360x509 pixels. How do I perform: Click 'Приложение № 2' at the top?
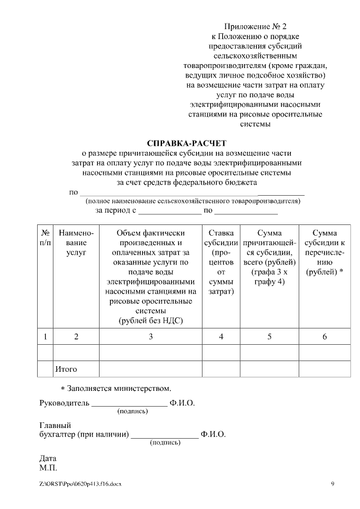coord(255,26)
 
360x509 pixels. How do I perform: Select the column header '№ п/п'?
coord(45,238)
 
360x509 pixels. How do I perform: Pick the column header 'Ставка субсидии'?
coord(221,262)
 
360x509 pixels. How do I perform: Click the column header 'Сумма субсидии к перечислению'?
coord(324,253)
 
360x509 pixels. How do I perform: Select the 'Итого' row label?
coord(66,370)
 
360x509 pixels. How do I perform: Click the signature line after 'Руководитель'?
coord(129,405)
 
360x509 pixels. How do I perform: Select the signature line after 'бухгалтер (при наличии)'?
coord(165,436)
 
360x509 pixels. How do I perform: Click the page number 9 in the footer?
coord(332,484)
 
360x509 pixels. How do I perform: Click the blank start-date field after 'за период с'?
coord(170,212)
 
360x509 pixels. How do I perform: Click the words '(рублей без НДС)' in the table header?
coord(151,321)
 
